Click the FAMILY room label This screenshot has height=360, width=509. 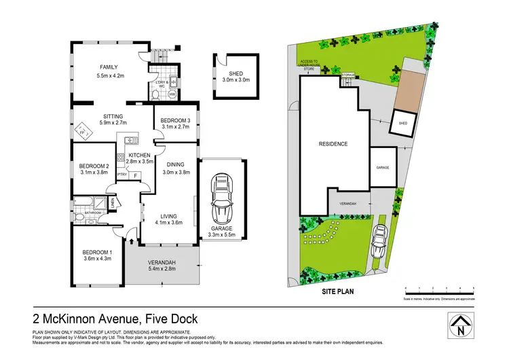tap(109, 67)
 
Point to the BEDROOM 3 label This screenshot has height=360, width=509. tap(174, 120)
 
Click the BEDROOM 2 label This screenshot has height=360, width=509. tap(94, 166)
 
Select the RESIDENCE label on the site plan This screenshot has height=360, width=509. tap(333, 144)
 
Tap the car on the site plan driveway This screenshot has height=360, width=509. tap(380, 239)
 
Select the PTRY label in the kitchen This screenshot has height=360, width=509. tap(122, 175)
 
